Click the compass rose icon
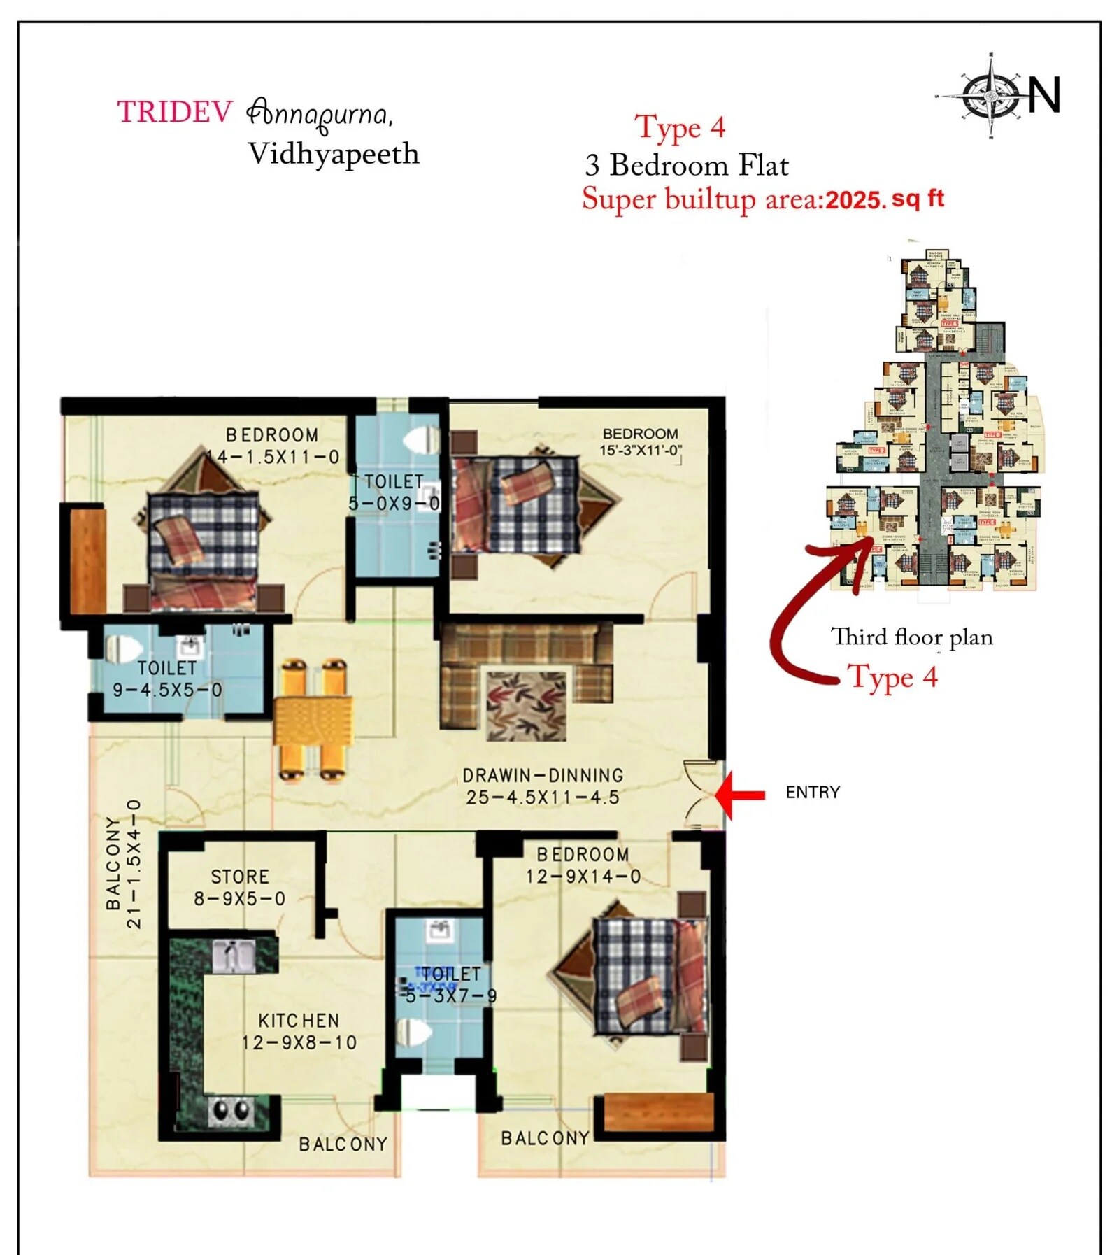coord(991,94)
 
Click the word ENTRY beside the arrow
coord(812,793)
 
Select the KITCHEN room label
coord(299,1021)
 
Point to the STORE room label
coord(240,877)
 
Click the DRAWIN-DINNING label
coord(543,775)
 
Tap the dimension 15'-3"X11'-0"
coord(640,451)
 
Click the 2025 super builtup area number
coord(855,201)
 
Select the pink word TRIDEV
coord(174,112)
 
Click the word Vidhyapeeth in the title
coord(334,155)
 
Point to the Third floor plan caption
coord(911,637)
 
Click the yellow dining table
coord(313,721)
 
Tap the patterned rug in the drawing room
coord(526,705)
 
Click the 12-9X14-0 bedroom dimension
coord(583,877)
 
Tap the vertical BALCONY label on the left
coord(113,864)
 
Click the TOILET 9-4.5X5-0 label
coord(167,679)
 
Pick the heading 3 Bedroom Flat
coord(686,166)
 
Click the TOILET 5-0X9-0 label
coord(394,492)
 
